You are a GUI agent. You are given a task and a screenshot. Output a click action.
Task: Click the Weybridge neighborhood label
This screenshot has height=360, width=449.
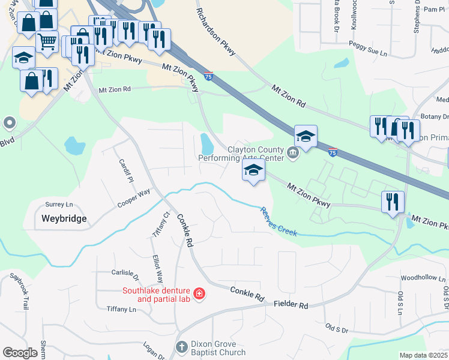(64, 218)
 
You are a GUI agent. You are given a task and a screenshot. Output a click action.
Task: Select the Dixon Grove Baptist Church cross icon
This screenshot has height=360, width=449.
(182, 347)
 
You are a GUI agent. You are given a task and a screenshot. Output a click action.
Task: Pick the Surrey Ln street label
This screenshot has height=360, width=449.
(58, 204)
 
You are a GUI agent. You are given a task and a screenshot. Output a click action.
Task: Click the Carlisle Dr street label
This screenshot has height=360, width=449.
(125, 275)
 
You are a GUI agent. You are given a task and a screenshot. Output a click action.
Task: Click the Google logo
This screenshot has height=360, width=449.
(20, 352)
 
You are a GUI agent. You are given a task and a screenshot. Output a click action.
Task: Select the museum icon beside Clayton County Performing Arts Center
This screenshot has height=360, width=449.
(292, 154)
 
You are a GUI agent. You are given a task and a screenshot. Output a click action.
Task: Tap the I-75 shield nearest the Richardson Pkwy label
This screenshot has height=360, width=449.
(208, 76)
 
